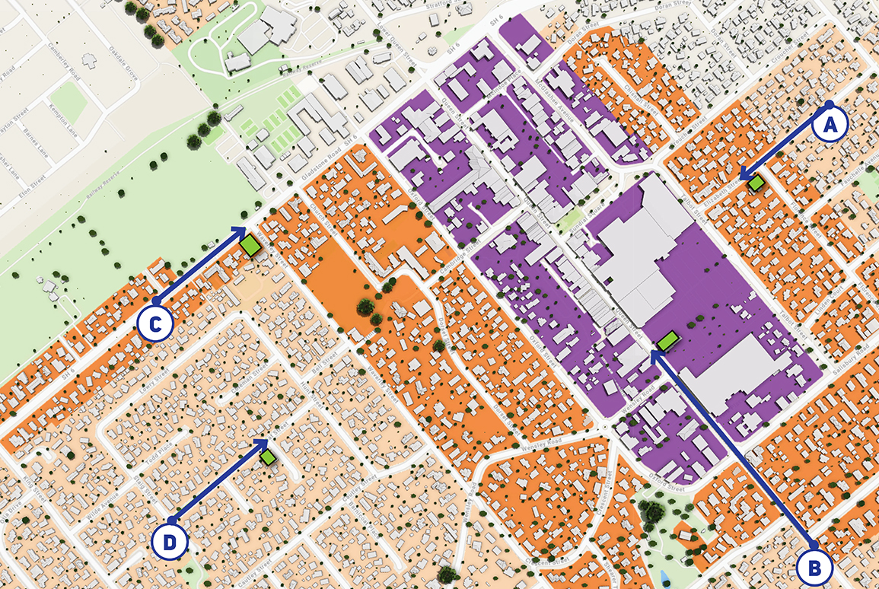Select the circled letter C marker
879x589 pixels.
pos(156,324)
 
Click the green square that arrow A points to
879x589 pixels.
pos(756,183)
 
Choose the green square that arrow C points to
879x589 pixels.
pos(250,245)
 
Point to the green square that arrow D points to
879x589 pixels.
pos(268,457)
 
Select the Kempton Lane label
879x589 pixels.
pos(81,121)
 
